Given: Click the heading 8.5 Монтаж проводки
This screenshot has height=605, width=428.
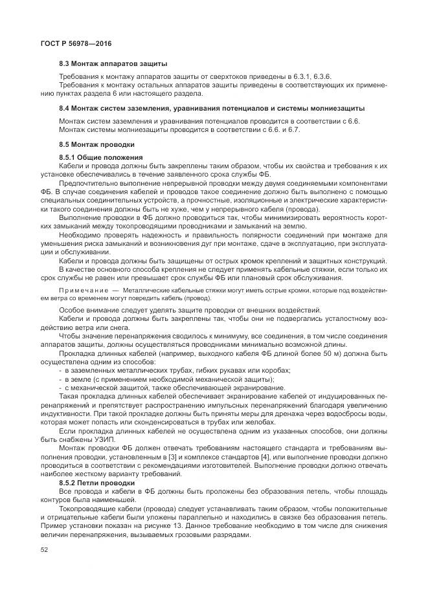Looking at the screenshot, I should point(96,145).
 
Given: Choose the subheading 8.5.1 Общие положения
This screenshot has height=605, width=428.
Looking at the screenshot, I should point(100,158).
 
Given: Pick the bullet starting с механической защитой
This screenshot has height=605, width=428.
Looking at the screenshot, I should point(175,388).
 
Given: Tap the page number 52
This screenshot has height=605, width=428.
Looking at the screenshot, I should point(45,550).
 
